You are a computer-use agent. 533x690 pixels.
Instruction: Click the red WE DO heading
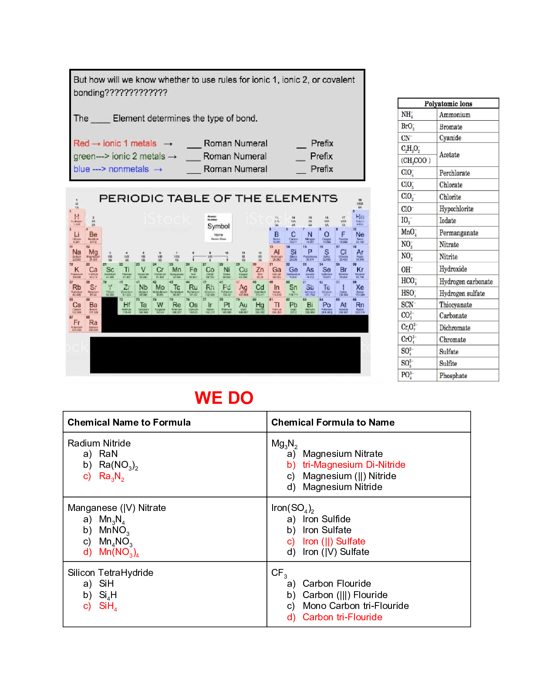[224, 398]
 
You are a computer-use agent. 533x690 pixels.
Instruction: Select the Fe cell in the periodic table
[193, 271]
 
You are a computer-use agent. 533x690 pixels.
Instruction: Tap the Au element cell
[243, 306]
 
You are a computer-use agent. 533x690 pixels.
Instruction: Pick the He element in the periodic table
[360, 218]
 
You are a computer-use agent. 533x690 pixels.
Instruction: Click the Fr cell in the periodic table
[77, 324]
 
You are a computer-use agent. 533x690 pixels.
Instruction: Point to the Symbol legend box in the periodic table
[218, 227]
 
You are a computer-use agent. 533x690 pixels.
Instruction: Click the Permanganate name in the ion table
[459, 233]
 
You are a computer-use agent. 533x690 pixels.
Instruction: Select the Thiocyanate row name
[455, 304]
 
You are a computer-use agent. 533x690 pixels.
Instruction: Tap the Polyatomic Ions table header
[448, 104]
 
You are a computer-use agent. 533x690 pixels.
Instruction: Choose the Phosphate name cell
[453, 375]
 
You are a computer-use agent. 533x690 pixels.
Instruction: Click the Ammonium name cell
[455, 115]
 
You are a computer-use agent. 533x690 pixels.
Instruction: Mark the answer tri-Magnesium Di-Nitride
[354, 465]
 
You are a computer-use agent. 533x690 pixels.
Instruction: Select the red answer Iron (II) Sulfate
[334, 541]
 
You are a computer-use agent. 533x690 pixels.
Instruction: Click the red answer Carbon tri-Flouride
[342, 617]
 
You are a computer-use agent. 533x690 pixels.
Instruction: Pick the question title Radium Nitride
[99, 443]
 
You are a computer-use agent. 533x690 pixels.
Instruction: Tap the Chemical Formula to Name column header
[333, 422]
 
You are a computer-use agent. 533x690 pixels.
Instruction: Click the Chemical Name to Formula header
[129, 422]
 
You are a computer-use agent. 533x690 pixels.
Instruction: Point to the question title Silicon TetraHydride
[111, 572]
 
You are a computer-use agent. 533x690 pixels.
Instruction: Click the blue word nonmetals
[128, 169]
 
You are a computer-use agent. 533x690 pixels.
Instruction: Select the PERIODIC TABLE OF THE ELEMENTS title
[218, 198]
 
